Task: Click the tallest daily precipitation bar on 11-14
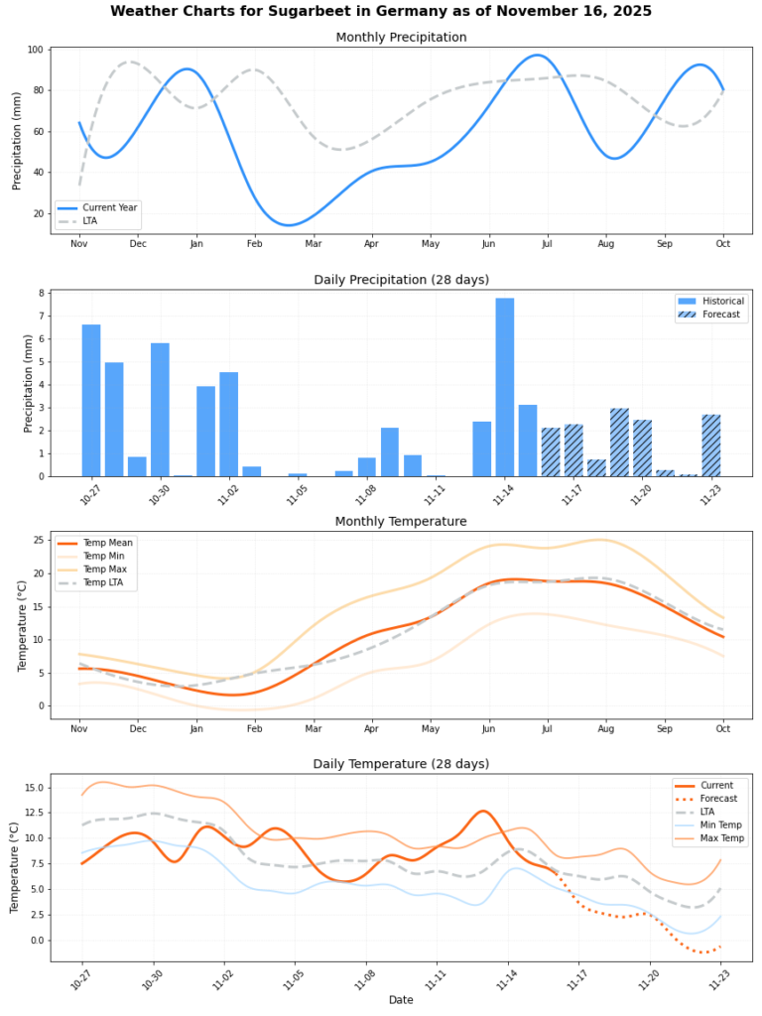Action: pyautogui.click(x=505, y=387)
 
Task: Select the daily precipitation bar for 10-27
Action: pyautogui.click(x=91, y=401)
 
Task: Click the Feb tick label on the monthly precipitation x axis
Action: pyautogui.click(x=255, y=244)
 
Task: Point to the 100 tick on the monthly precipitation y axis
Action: pyautogui.click(x=35, y=50)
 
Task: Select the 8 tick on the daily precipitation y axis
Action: pyautogui.click(x=43, y=293)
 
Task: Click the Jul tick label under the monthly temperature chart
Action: pyautogui.click(x=547, y=729)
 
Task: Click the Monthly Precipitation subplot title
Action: pyautogui.click(x=401, y=38)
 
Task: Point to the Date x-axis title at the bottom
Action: pyautogui.click(x=401, y=1000)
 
